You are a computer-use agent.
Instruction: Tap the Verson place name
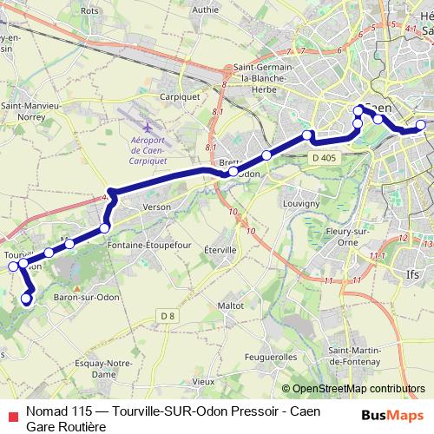(156, 207)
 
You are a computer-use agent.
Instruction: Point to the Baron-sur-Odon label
(87, 298)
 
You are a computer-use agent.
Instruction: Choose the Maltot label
(230, 306)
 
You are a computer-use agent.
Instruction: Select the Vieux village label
(203, 381)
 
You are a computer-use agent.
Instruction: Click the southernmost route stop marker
(25, 299)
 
